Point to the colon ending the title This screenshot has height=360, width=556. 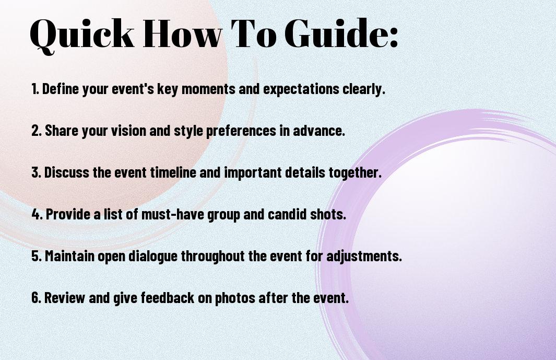point(394,38)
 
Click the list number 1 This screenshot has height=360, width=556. point(34,89)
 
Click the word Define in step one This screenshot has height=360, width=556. point(60,89)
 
